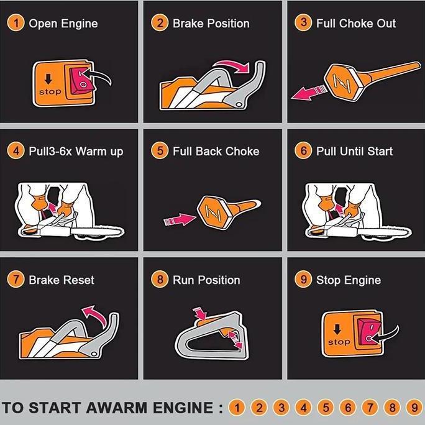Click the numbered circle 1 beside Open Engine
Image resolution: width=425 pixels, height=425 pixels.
(16, 23)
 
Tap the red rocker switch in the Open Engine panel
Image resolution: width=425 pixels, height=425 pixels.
(81, 81)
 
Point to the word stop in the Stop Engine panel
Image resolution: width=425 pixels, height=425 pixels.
(339, 342)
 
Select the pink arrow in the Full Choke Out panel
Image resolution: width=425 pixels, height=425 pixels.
(309, 92)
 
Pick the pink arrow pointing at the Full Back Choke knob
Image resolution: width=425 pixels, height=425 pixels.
(180, 219)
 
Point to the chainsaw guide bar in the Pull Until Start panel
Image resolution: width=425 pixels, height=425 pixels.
(385, 232)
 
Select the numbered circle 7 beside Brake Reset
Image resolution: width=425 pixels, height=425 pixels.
(16, 279)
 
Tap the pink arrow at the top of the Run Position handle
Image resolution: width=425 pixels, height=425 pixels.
(200, 314)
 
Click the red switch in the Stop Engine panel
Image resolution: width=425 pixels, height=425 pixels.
(369, 332)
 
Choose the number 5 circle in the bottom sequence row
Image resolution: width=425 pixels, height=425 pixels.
(326, 408)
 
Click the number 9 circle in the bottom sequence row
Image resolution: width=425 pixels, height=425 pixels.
(414, 408)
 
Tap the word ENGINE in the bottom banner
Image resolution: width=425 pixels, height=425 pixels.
(183, 408)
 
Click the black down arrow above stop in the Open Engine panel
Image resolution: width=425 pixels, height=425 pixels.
(48, 79)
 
